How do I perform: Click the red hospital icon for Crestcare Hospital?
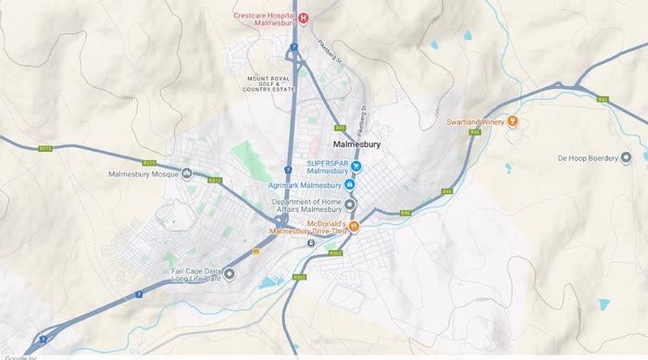[x=303, y=17]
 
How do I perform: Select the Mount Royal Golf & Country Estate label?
[x=269, y=84]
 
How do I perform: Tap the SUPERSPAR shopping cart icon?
[x=355, y=167]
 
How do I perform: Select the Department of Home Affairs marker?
[x=349, y=205]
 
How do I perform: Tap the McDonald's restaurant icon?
[x=353, y=225]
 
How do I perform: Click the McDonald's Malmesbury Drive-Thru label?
[x=306, y=228]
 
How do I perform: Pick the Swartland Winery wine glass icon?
[x=514, y=122]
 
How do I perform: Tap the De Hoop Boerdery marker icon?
[x=626, y=158]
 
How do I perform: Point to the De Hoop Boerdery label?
[x=587, y=158]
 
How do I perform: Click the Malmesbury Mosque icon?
[x=188, y=174]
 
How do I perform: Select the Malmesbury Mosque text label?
[x=143, y=174]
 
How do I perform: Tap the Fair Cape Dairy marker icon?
[x=230, y=273]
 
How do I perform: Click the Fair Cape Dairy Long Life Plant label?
[x=197, y=274]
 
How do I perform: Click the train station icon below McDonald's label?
[x=311, y=243]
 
